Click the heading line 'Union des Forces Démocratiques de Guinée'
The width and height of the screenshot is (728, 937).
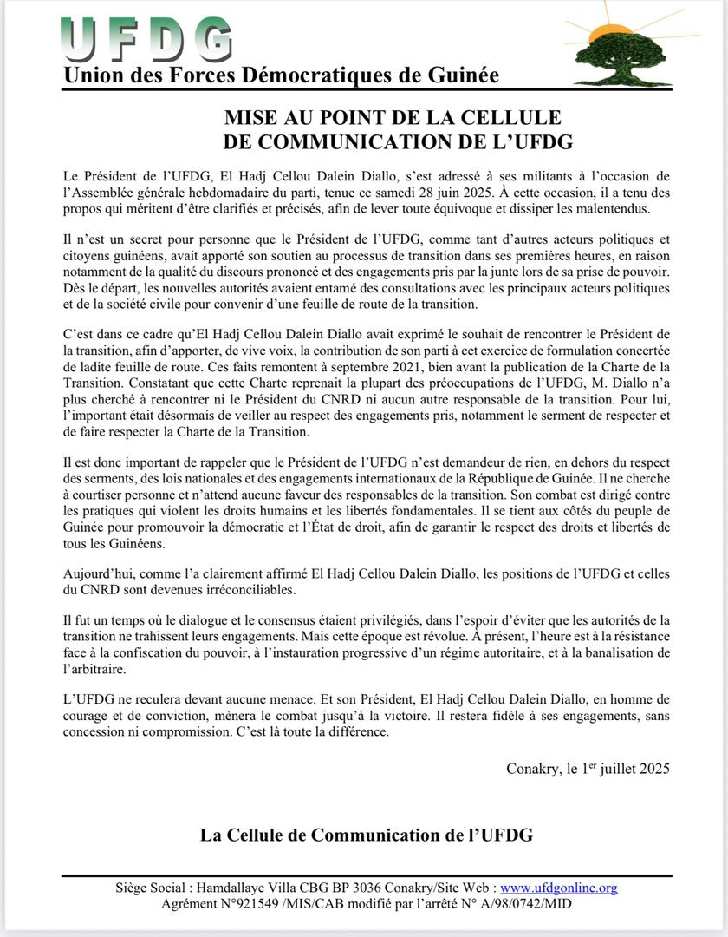point(281,75)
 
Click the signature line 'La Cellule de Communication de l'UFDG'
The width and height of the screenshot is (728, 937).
point(366,835)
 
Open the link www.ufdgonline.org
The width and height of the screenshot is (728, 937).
point(559,888)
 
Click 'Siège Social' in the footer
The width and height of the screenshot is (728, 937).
point(152,888)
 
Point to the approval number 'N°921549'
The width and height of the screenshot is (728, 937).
point(243,903)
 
